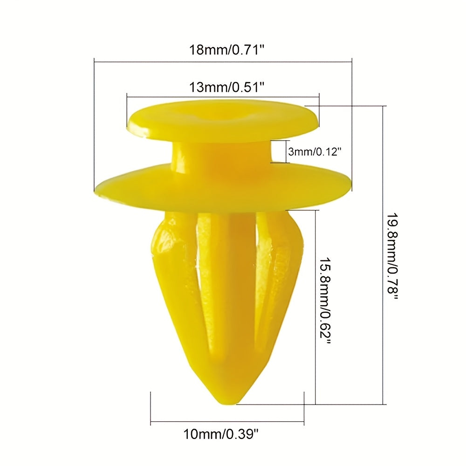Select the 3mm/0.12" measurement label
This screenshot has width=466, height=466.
pyautogui.click(x=315, y=151)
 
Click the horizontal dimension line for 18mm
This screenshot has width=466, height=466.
pyautogui.click(x=223, y=60)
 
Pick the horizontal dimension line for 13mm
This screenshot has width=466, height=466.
pyautogui.click(x=223, y=97)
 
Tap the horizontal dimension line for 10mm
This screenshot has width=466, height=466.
pyautogui.click(x=227, y=424)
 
